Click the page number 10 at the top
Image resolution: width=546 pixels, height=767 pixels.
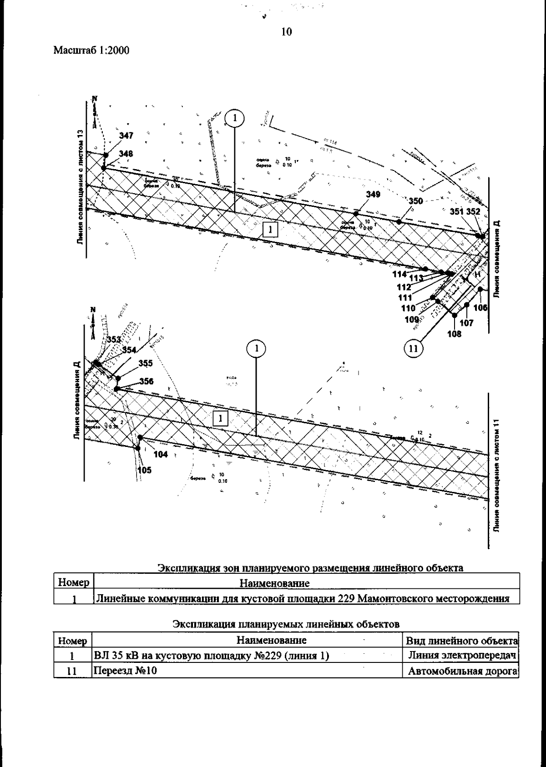click(x=287, y=31)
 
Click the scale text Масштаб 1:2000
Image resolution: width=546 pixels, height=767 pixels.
click(x=91, y=50)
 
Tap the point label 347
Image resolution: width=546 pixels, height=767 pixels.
click(x=126, y=135)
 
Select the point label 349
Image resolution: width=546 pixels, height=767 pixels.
click(x=373, y=195)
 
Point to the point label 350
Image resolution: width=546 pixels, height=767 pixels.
click(x=415, y=201)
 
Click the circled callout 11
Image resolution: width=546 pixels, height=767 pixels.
click(x=413, y=349)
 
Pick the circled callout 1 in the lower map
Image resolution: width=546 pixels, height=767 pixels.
click(x=257, y=349)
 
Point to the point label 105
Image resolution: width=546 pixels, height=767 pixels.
click(x=144, y=470)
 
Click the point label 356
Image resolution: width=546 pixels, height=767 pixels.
click(x=146, y=381)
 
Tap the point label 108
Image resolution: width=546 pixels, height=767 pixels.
click(x=454, y=334)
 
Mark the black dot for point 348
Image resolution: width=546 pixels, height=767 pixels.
click(x=104, y=168)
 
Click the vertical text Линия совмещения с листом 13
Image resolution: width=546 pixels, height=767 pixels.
click(x=81, y=186)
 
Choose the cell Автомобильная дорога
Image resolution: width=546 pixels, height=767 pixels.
click(x=461, y=671)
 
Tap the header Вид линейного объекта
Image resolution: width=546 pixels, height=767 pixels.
click(x=461, y=641)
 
